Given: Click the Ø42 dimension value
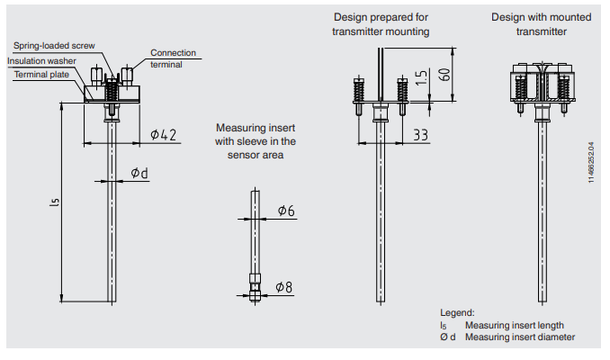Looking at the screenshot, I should [x=163, y=135].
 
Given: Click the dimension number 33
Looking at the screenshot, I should [x=420, y=135].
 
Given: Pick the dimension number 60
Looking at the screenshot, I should [x=443, y=73].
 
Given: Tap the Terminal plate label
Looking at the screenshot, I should [x=40, y=74].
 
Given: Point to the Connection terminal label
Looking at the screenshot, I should [x=173, y=58].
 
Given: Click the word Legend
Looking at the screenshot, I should [x=457, y=312].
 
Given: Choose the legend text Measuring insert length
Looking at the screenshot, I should [x=514, y=325].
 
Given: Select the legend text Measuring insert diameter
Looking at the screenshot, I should [x=519, y=337].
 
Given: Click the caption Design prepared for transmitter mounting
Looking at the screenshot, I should [x=381, y=24].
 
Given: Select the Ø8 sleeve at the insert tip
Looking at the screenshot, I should [x=256, y=287].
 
